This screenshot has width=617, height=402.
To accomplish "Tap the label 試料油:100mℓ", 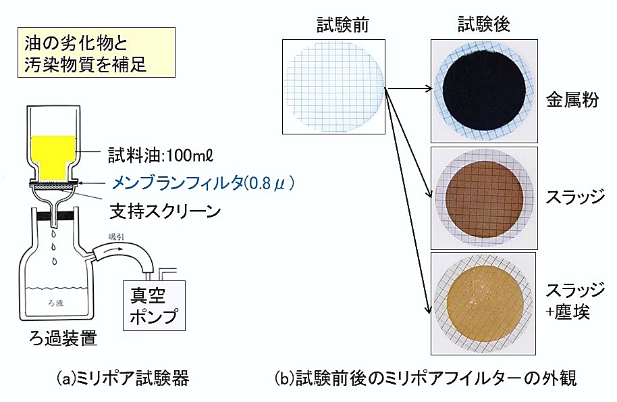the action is [x=161, y=156].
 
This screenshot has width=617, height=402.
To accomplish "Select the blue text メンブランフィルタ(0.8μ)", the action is [x=203, y=183].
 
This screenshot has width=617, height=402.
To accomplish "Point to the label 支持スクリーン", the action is [x=165, y=211].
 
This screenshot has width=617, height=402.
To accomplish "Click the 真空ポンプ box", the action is [x=154, y=305].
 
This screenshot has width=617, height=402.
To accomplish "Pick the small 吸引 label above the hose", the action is [x=117, y=236].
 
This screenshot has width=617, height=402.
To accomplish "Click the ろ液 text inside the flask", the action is [x=55, y=303].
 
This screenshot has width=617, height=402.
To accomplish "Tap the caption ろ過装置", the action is [x=63, y=338].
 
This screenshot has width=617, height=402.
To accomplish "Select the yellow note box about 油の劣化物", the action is [x=97, y=53].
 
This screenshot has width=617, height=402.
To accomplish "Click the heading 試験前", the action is [x=343, y=25].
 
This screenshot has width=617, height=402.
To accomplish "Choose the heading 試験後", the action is [x=483, y=24].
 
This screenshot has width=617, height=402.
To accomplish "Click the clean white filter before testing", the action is [x=333, y=86].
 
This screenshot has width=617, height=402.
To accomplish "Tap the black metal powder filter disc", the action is [x=484, y=91].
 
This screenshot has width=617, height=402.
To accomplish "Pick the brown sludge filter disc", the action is [x=485, y=199].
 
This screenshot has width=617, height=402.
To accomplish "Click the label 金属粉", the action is [x=572, y=100].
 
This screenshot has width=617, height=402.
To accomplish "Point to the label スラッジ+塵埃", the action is [x=574, y=301].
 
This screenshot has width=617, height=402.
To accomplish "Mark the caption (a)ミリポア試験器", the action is [x=123, y=378].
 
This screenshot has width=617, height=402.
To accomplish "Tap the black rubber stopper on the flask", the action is [x=55, y=216].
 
